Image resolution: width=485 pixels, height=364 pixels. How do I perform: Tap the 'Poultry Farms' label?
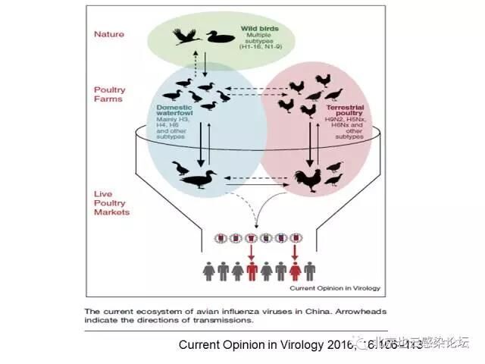(x=110, y=95)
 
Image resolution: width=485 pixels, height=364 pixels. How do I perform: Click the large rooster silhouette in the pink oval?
(x=308, y=179)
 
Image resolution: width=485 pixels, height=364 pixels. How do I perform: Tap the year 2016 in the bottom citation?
(x=329, y=345)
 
